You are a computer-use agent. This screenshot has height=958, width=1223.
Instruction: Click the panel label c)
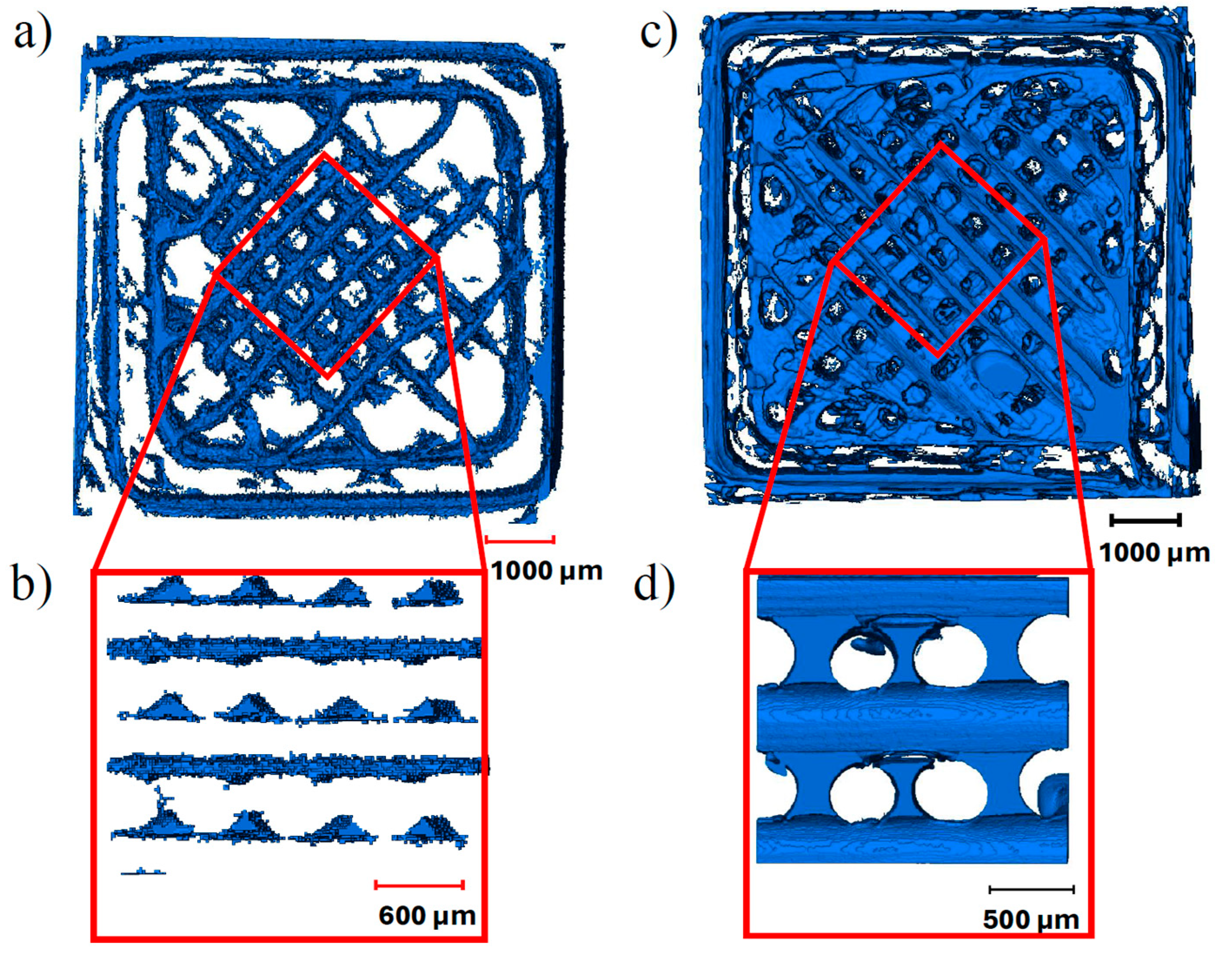coord(659,35)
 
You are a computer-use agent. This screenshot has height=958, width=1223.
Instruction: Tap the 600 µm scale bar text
coord(427,916)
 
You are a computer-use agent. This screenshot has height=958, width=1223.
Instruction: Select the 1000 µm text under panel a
coord(547,572)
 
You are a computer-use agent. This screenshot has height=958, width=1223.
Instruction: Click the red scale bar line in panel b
coord(419,885)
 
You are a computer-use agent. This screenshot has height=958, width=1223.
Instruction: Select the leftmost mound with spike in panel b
coord(160,823)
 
